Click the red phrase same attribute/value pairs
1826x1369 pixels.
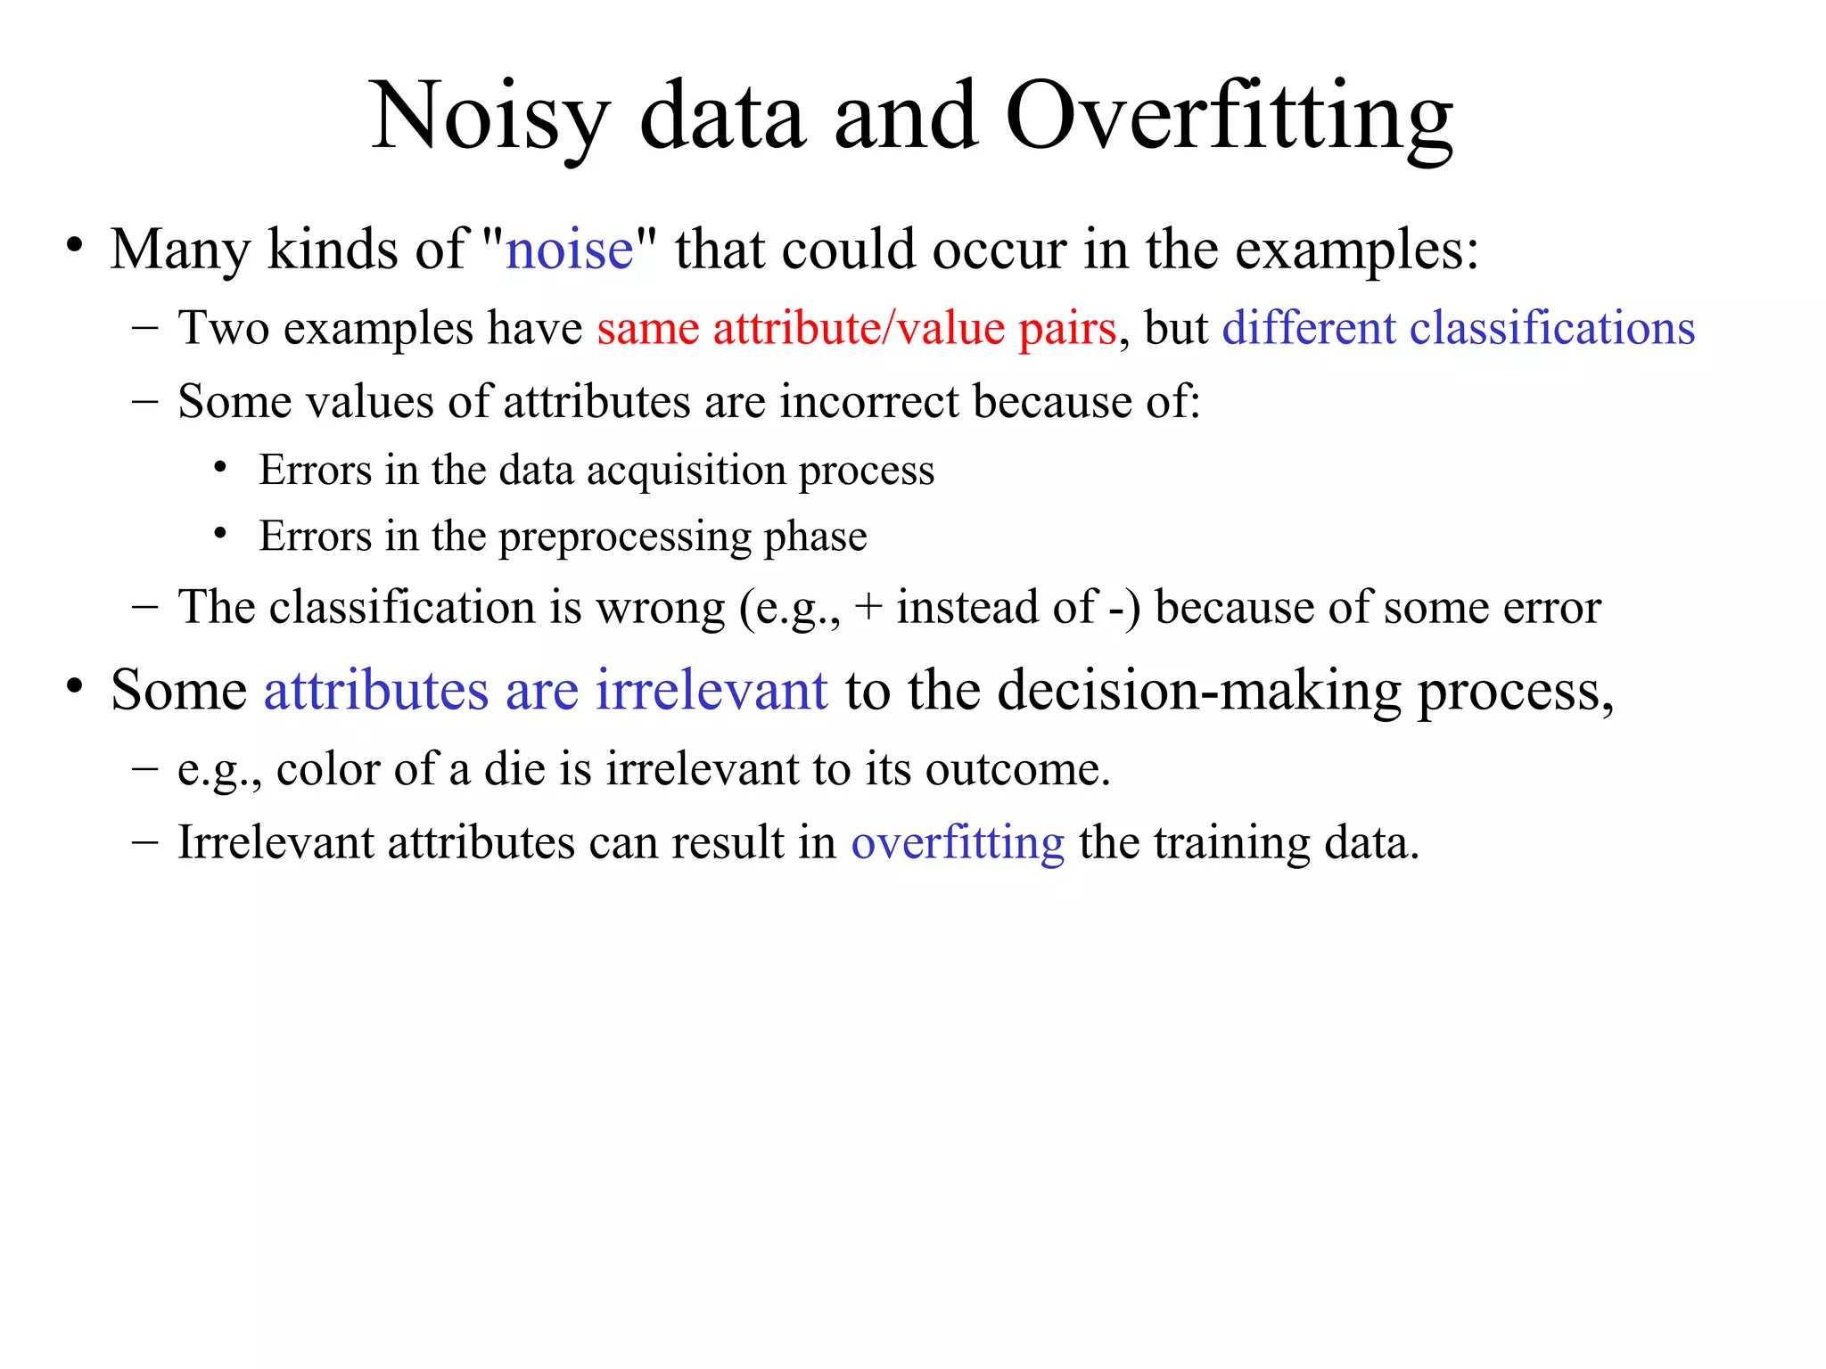[x=856, y=328]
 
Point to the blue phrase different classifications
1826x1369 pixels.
[x=1458, y=328]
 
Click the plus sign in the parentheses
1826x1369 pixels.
[x=868, y=608]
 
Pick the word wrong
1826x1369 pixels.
[x=661, y=608]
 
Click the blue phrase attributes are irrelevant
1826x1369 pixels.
[x=546, y=690]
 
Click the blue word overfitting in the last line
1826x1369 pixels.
[x=958, y=842]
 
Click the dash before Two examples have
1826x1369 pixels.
[x=144, y=327]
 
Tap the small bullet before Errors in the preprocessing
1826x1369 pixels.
[x=220, y=534]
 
